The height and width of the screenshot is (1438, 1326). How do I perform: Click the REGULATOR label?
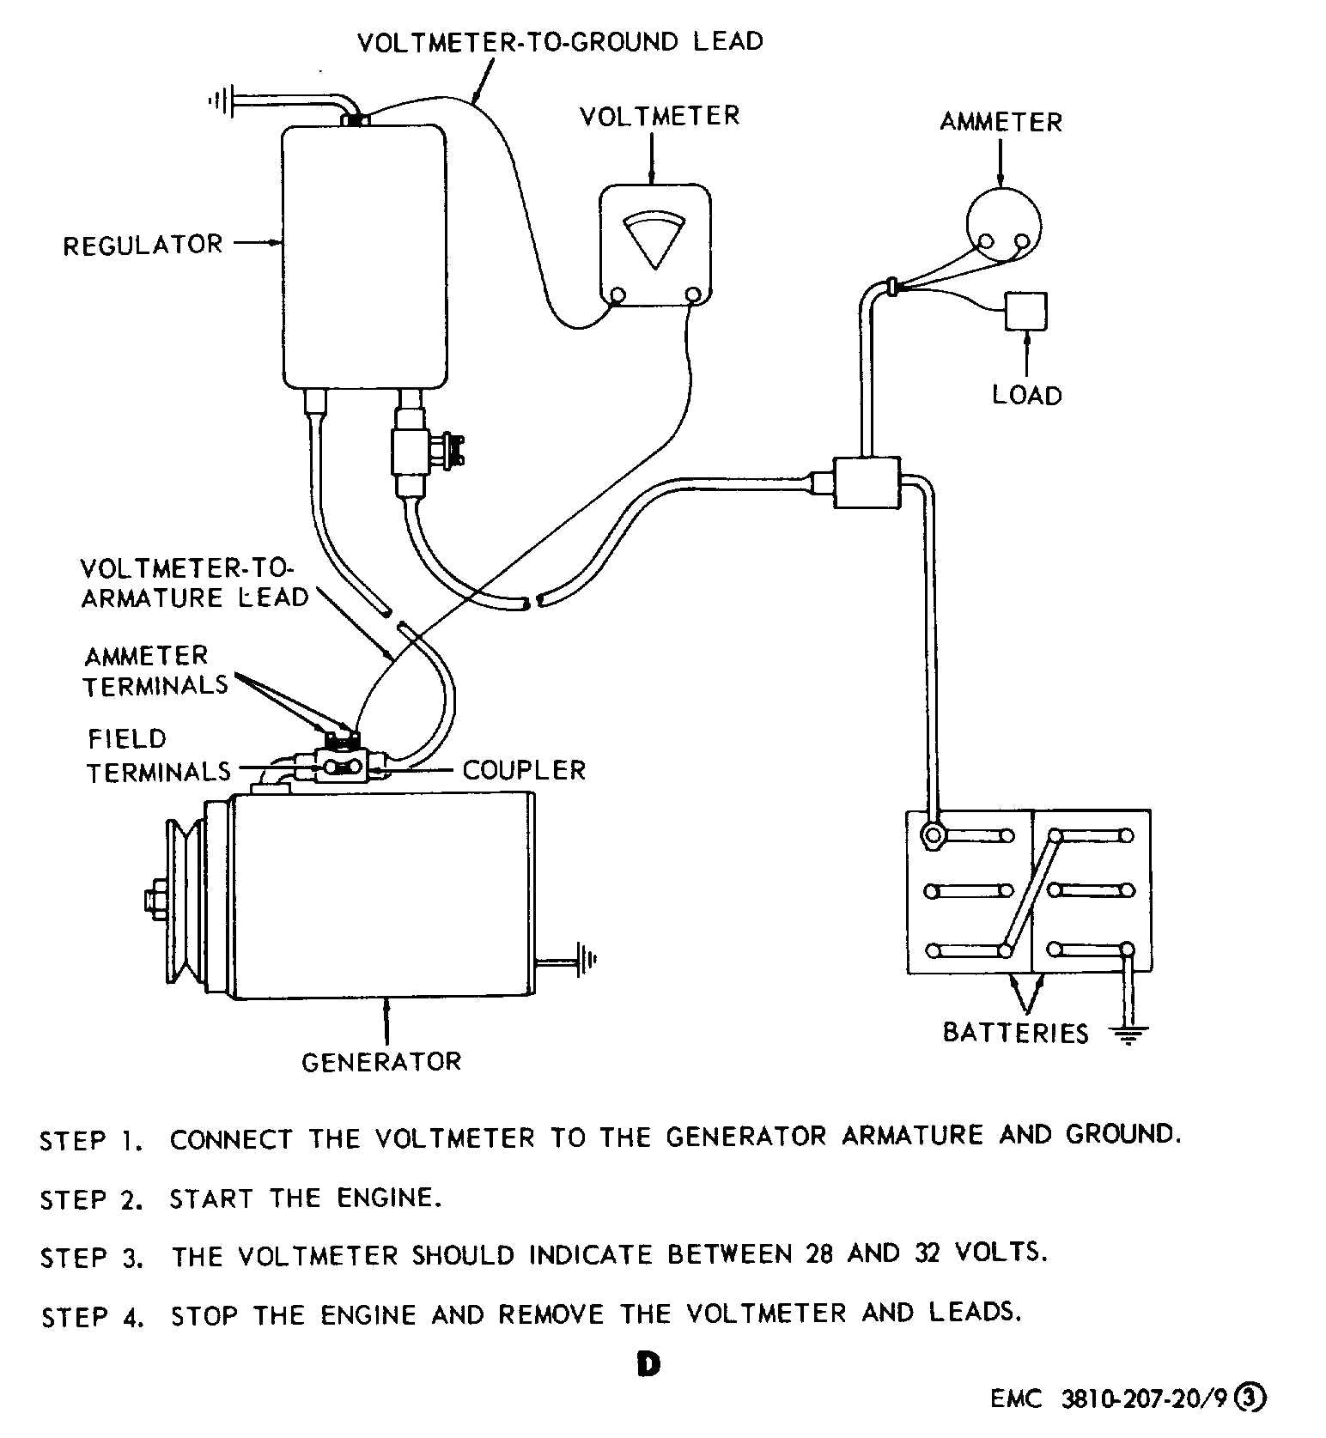[143, 246]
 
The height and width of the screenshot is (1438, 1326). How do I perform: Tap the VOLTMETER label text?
[659, 117]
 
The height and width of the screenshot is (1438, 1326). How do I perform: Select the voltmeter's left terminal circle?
[617, 297]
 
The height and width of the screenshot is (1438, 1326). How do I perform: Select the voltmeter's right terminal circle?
[693, 297]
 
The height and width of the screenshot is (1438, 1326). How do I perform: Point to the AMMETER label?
[1001, 123]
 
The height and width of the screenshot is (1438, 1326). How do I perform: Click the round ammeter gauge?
[1002, 226]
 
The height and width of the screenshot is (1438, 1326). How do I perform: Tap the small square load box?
[1026, 311]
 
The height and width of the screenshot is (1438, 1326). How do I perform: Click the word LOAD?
[1027, 396]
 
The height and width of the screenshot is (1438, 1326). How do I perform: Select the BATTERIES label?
[1015, 1032]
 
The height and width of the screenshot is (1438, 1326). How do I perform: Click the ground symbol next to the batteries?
[1129, 1034]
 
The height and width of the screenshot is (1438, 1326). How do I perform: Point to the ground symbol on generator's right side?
[587, 959]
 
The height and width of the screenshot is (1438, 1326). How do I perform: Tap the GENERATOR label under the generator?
[381, 1062]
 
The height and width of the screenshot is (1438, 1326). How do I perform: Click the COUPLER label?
[524, 770]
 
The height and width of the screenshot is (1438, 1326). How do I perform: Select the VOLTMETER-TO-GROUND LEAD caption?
[560, 42]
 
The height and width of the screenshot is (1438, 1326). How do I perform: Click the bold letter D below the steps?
[648, 1364]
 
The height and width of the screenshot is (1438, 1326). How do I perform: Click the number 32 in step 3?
[928, 1253]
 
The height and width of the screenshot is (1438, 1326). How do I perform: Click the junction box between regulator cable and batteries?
[867, 482]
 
